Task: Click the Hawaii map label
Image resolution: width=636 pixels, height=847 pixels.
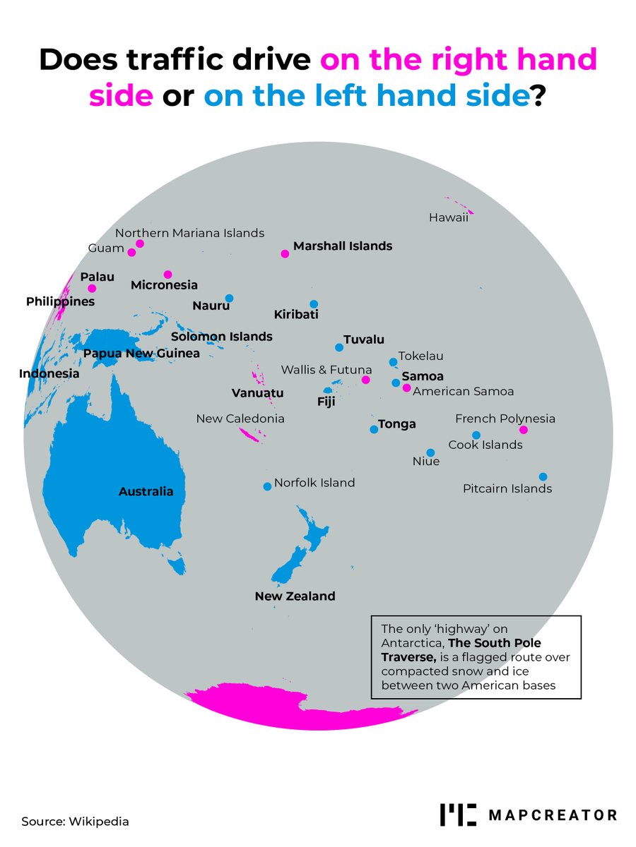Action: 448,218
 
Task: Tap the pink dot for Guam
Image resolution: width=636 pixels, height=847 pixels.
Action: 131,252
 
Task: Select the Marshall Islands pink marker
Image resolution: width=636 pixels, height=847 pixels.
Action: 285,253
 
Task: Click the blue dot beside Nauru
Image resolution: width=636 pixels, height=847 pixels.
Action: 229,298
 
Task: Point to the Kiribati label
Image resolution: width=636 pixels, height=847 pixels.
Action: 296,315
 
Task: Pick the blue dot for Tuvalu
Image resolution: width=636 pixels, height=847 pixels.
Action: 339,347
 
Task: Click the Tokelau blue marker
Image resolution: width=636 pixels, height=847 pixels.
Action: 393,362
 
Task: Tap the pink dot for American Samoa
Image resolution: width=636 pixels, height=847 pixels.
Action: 406,388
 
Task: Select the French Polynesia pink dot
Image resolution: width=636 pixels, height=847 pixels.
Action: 523,430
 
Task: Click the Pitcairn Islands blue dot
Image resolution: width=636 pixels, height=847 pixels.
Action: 543,476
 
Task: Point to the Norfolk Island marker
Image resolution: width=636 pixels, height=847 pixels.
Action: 266,486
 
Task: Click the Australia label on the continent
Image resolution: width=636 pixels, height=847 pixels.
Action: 146,491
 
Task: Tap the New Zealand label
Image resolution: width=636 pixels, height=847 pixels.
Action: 295,596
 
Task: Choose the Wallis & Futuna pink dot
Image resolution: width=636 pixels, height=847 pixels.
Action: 365,380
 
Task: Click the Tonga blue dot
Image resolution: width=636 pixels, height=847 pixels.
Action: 374,429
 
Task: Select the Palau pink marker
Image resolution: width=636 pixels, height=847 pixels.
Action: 92,288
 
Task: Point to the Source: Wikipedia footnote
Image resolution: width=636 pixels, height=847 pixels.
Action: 75,822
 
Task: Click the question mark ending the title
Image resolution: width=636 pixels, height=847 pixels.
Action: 538,94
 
